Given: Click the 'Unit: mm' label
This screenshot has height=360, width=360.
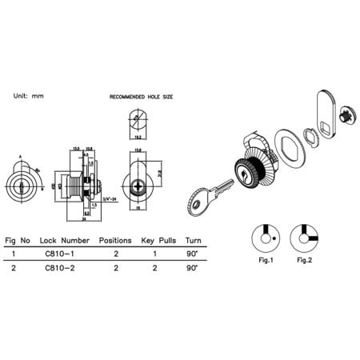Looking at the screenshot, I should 29,96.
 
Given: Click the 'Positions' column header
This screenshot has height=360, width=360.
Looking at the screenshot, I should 114,239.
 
